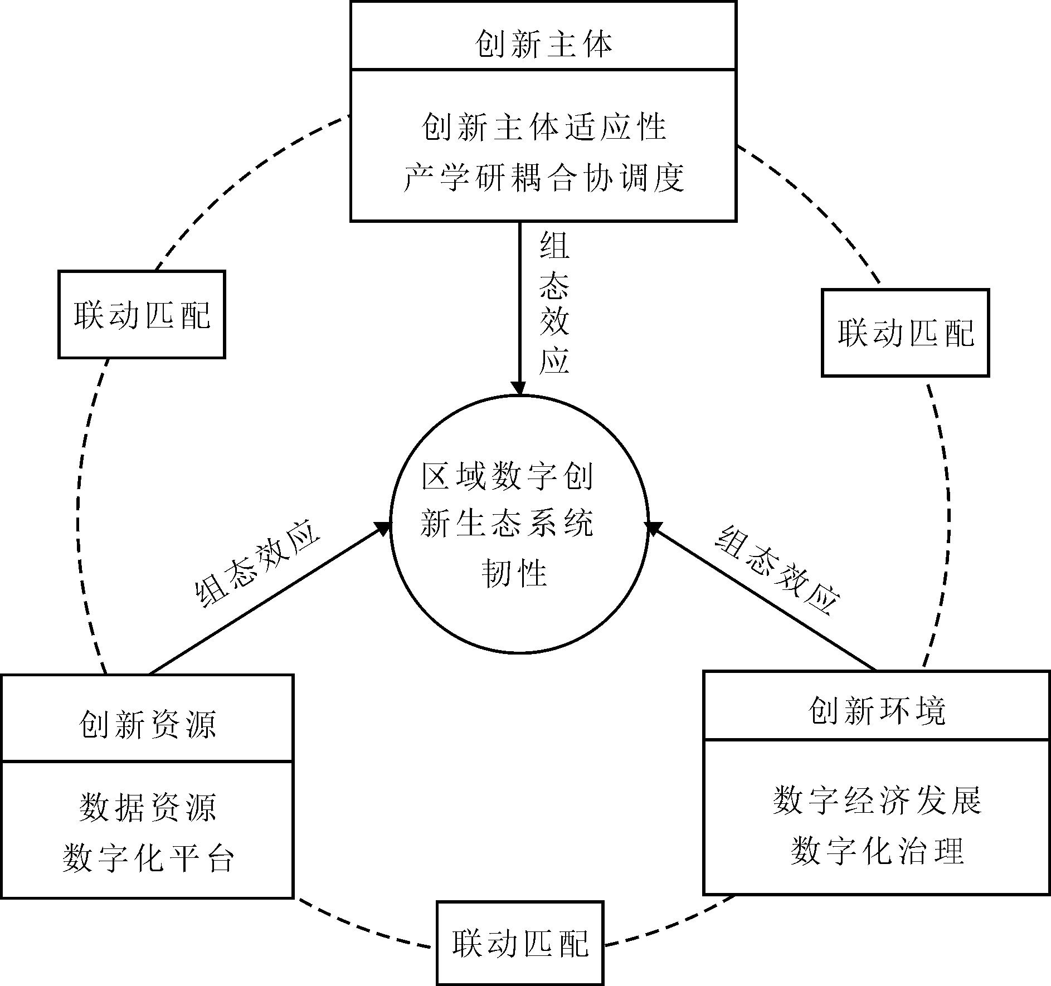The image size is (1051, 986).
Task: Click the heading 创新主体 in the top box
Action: click(x=543, y=45)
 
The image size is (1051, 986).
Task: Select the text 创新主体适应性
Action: click(x=543, y=127)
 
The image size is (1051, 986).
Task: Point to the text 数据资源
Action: click(x=147, y=808)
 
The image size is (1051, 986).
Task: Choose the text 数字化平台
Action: click(x=147, y=858)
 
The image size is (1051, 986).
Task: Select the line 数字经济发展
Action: click(x=877, y=800)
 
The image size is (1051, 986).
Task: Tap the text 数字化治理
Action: click(x=877, y=851)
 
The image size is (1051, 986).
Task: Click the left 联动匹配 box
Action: click(x=142, y=315)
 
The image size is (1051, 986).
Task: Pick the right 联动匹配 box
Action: click(x=906, y=333)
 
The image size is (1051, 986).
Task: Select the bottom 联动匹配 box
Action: click(x=520, y=944)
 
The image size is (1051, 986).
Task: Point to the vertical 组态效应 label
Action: click(x=554, y=304)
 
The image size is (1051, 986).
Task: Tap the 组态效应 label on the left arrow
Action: click(x=257, y=564)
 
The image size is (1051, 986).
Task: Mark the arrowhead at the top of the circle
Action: click(x=519, y=388)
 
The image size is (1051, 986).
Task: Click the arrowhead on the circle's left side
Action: click(x=383, y=528)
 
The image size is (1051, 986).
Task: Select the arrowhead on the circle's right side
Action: click(x=653, y=528)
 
